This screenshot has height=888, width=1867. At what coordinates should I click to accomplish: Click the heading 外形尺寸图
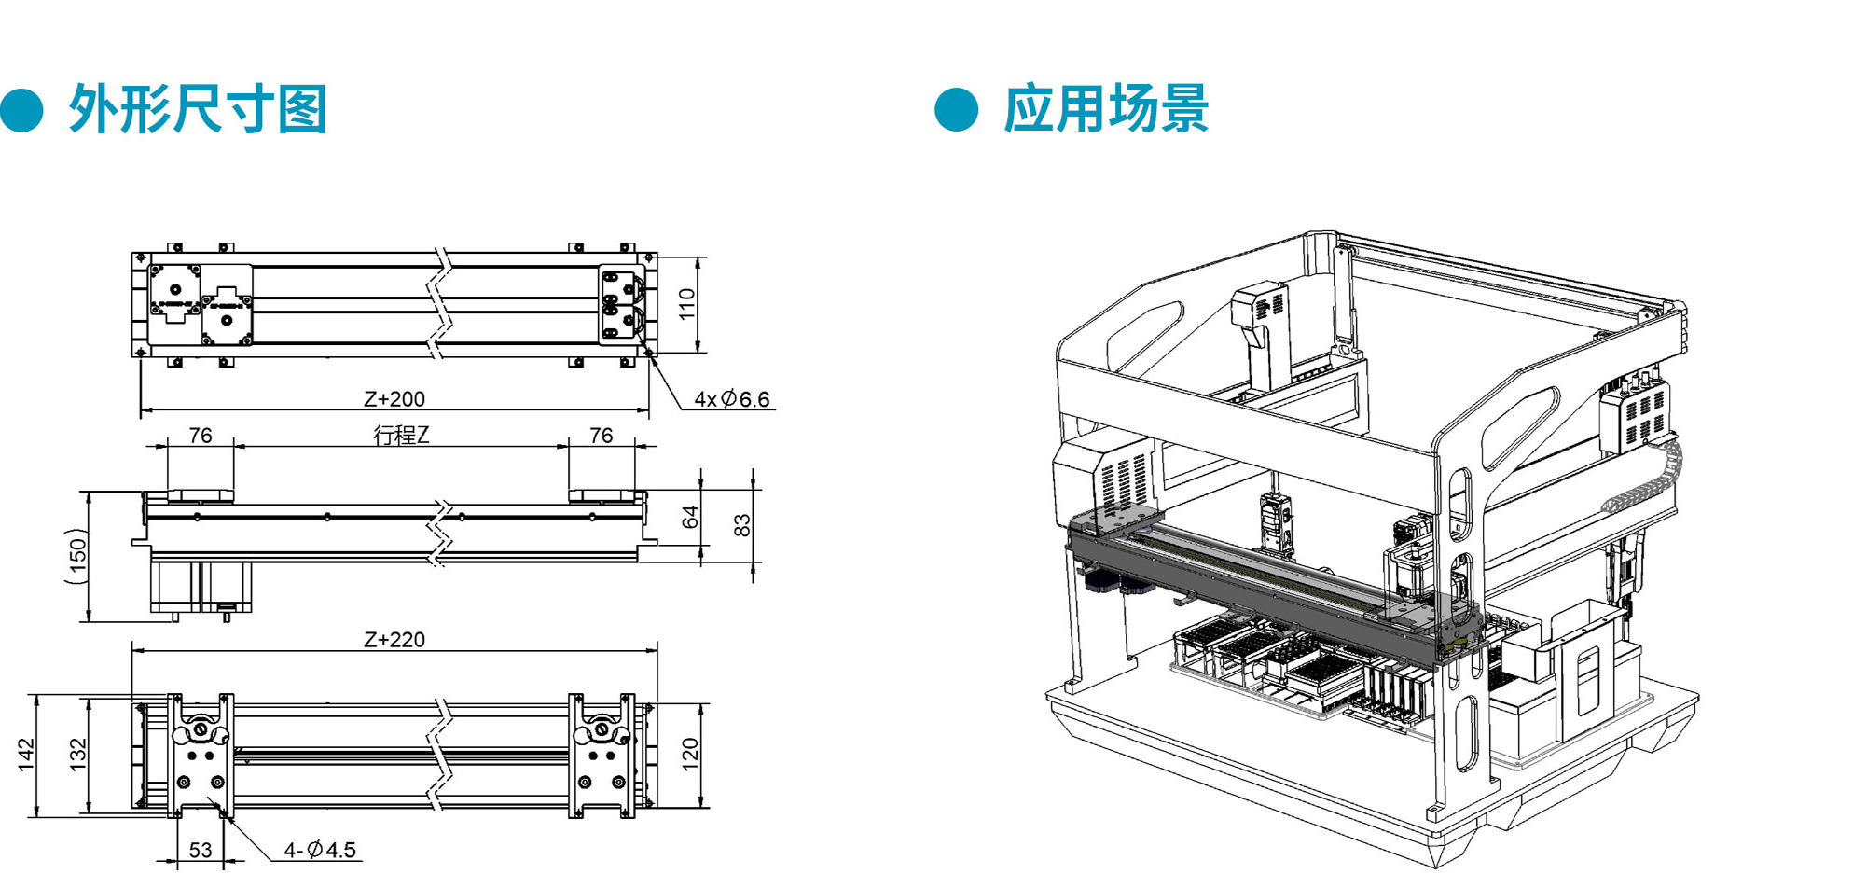198,110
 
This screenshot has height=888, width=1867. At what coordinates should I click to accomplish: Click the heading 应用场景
1106,109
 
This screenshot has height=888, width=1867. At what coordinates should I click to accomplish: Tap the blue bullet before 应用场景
957,110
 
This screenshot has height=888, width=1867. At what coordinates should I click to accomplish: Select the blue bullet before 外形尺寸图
22,110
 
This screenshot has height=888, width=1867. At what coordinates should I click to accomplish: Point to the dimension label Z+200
394,399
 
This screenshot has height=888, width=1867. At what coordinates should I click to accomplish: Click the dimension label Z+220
394,640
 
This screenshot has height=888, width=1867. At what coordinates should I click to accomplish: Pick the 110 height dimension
687,304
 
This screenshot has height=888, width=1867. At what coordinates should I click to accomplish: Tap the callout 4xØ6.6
732,399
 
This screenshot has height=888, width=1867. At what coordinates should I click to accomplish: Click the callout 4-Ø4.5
320,850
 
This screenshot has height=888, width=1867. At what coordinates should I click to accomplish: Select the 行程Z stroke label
401,436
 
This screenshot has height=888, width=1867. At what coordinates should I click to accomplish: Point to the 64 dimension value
690,517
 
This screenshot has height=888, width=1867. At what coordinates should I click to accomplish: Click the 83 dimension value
742,525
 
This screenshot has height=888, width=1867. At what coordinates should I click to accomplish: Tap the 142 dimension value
26,756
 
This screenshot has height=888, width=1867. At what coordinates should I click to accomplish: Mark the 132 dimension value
78,756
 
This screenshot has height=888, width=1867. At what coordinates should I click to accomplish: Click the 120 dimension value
690,754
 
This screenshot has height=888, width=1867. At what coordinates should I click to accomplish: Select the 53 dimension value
201,851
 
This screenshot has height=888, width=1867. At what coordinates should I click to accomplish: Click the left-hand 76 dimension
201,436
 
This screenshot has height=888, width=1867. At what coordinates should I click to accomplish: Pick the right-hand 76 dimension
602,436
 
